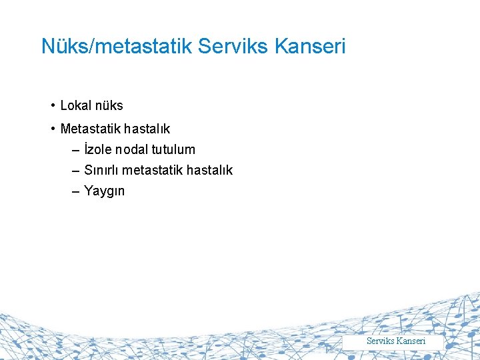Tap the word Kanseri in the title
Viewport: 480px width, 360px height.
[312, 46]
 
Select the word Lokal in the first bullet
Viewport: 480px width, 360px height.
[75, 105]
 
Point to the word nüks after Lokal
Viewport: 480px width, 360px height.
[108, 105]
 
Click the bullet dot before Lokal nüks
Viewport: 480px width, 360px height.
[52, 105]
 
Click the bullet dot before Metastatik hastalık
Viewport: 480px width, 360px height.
[52, 128]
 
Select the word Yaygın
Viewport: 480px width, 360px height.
[105, 191]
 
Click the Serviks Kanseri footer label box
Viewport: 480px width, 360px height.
[395, 341]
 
